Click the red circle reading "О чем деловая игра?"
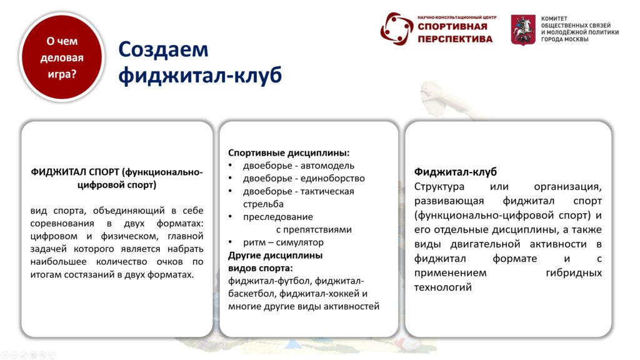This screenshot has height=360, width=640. (62, 57)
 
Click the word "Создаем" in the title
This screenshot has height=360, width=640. (163, 49)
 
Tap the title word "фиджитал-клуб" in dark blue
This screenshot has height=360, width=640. (200, 75)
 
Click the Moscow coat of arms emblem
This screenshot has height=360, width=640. (523, 30)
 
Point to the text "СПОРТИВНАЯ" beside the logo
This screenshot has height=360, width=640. (452, 26)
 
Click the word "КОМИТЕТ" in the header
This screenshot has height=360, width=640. (554, 18)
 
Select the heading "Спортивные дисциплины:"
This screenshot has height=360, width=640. (289, 153)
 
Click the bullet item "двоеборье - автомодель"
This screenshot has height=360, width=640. (299, 166)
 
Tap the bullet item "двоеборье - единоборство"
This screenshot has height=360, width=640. (304, 178)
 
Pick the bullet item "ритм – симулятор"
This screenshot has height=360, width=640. (283, 242)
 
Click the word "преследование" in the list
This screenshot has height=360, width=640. (278, 217)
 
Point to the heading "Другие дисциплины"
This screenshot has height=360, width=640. (275, 256)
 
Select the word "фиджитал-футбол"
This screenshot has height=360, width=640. (269, 281)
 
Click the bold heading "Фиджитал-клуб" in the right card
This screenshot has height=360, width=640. (455, 172)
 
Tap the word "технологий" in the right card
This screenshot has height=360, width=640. (443, 287)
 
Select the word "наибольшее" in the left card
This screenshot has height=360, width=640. (58, 262)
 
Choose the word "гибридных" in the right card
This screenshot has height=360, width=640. (574, 272)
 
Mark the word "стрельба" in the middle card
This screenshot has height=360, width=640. (263, 204)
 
